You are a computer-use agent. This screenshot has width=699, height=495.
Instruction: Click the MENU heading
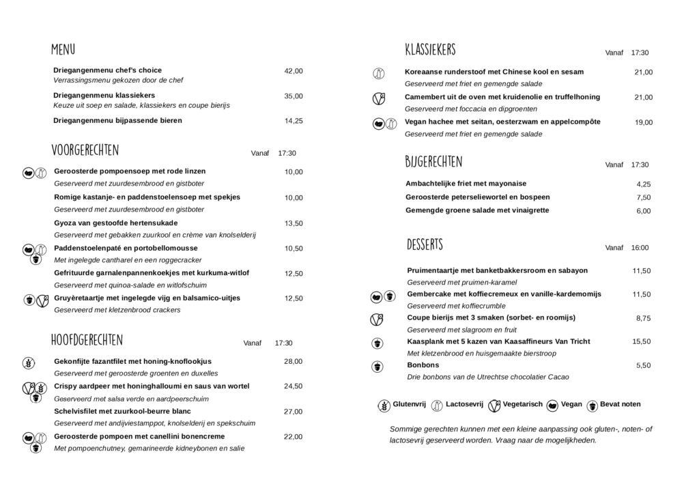coord(63,50)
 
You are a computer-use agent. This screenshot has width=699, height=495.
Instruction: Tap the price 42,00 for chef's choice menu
coord(294,71)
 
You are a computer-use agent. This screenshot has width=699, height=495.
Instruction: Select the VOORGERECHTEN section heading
coord(85,150)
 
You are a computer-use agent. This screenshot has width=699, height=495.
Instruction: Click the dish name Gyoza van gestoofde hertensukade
coord(115,223)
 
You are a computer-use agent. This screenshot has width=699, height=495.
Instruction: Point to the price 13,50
coord(294,223)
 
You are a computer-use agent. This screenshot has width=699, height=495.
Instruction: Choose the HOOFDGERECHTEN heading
coord(87,340)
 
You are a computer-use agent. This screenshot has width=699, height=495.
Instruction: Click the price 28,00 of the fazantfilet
coord(294,361)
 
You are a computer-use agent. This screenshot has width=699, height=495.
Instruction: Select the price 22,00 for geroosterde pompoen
coord(294,437)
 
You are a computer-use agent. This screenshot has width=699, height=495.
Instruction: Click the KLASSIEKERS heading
coord(430,50)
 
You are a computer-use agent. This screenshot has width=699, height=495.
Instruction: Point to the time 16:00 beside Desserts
coord(640,248)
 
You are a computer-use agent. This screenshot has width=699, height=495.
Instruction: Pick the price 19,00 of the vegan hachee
coord(644,123)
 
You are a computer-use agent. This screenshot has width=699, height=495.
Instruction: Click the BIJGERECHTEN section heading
coord(433,162)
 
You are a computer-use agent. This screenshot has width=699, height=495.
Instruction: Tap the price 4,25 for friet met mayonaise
coord(644,184)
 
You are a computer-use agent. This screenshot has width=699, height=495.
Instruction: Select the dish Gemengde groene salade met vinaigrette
coord(477,210)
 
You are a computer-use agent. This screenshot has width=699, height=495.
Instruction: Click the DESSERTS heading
coord(425,244)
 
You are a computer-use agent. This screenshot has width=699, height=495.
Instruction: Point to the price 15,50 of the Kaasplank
coord(642,341)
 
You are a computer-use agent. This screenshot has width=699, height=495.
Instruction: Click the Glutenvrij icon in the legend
coord(384,405)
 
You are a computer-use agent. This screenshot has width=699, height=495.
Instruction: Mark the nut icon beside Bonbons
coord(376,367)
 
